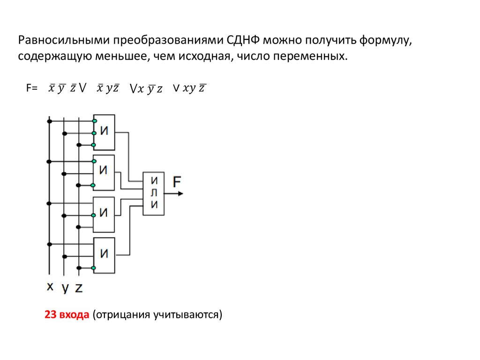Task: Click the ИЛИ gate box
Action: (153, 193)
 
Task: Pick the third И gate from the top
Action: (104, 213)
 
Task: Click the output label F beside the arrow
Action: (178, 181)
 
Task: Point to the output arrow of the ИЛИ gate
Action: (174, 193)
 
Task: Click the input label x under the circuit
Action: (50, 286)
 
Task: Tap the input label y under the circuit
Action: (65, 288)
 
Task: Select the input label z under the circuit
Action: (79, 287)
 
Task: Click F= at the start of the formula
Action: (32, 88)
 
